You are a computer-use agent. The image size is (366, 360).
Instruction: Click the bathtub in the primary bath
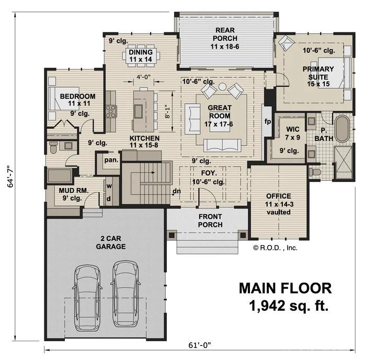pyautogui.click(x=342, y=130)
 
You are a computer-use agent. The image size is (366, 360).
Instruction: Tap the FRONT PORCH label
pyautogui.click(x=210, y=220)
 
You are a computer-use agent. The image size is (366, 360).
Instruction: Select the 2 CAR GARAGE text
pyautogui.click(x=110, y=241)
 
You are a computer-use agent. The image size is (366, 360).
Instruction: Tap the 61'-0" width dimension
pyautogui.click(x=200, y=345)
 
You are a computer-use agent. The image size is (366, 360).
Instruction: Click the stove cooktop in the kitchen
pyautogui.click(x=111, y=111)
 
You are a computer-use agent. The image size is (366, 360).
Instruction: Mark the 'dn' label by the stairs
pyautogui.click(x=177, y=190)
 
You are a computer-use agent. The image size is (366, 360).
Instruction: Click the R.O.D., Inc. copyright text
pyautogui.click(x=276, y=248)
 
